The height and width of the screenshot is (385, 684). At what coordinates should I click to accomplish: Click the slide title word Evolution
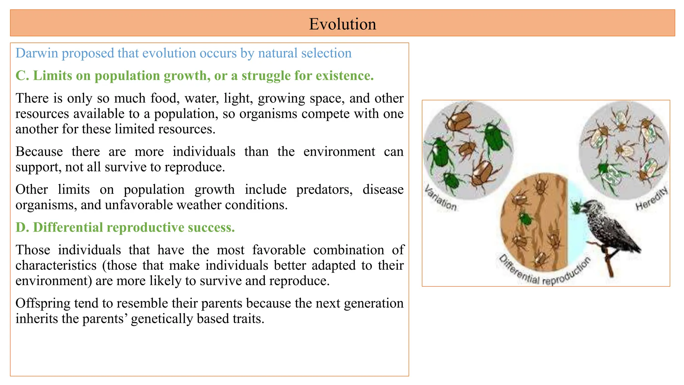pos(342,24)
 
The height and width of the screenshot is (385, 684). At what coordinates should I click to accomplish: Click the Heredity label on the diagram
pos(652,199)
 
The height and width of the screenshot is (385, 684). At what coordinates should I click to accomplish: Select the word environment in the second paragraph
pos(339,152)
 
